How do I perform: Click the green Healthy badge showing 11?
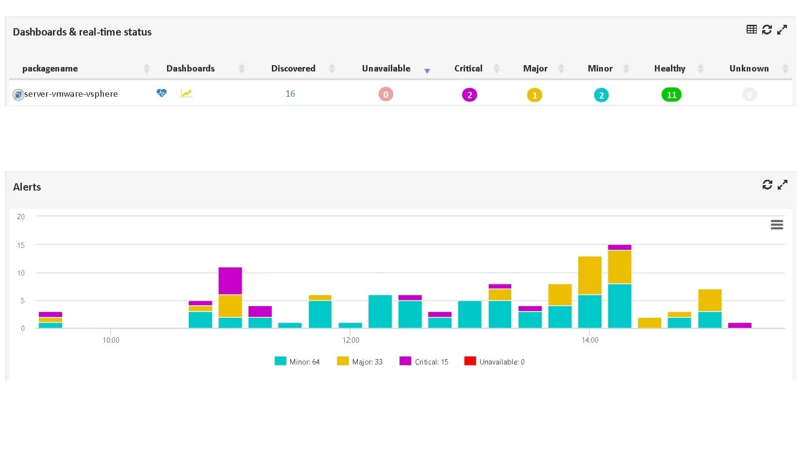pos(671,95)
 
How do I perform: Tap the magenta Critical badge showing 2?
pos(469,95)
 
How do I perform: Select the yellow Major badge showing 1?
pos(534,95)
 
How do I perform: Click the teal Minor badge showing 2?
pos(601,95)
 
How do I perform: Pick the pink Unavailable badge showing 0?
pos(386,94)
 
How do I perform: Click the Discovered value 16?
pos(290,94)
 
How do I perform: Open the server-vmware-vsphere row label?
pos(71,94)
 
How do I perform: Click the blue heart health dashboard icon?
pos(162,93)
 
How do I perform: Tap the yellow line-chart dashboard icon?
pos(186,93)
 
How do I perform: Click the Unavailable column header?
pos(386,69)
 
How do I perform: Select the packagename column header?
pos(50,69)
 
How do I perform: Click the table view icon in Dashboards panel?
pos(751,30)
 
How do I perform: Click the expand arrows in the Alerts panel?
pos(782,185)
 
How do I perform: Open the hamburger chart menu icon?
pos(777,225)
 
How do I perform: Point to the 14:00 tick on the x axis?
pos(590,340)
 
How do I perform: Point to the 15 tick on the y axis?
pos(21,245)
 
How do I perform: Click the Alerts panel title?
pos(27,187)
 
